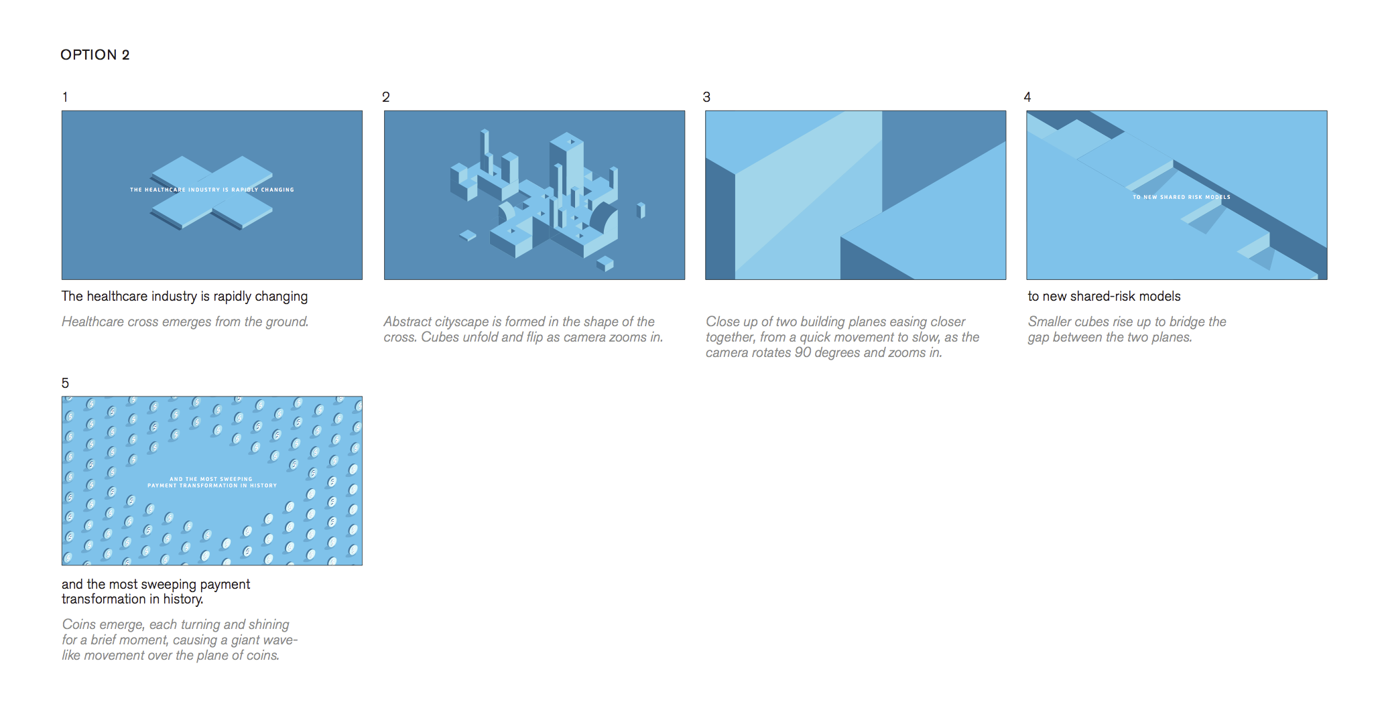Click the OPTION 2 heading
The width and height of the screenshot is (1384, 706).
[95, 55]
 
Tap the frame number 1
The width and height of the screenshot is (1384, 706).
[65, 97]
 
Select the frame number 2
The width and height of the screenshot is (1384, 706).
[386, 97]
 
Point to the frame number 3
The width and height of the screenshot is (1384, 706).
[706, 97]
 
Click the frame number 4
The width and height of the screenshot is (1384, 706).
[1027, 97]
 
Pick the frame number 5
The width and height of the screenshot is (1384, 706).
[65, 383]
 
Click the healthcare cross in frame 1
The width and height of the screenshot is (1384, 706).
[212, 193]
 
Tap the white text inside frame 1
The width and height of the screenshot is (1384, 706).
[212, 190]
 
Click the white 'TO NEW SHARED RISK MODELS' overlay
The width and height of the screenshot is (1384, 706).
[1182, 197]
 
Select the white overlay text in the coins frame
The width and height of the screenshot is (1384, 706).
[212, 482]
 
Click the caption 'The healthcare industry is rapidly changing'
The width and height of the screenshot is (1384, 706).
[185, 296]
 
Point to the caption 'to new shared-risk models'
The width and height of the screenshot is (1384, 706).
[1105, 296]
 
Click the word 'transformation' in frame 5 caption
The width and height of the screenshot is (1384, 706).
[104, 599]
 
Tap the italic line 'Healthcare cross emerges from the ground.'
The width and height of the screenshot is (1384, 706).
[185, 322]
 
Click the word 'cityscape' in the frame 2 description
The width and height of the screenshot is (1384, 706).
[462, 322]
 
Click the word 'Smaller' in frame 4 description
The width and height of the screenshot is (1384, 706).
[1050, 322]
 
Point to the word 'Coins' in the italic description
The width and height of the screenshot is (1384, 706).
[79, 624]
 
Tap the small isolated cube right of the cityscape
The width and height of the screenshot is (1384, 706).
[641, 210]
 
